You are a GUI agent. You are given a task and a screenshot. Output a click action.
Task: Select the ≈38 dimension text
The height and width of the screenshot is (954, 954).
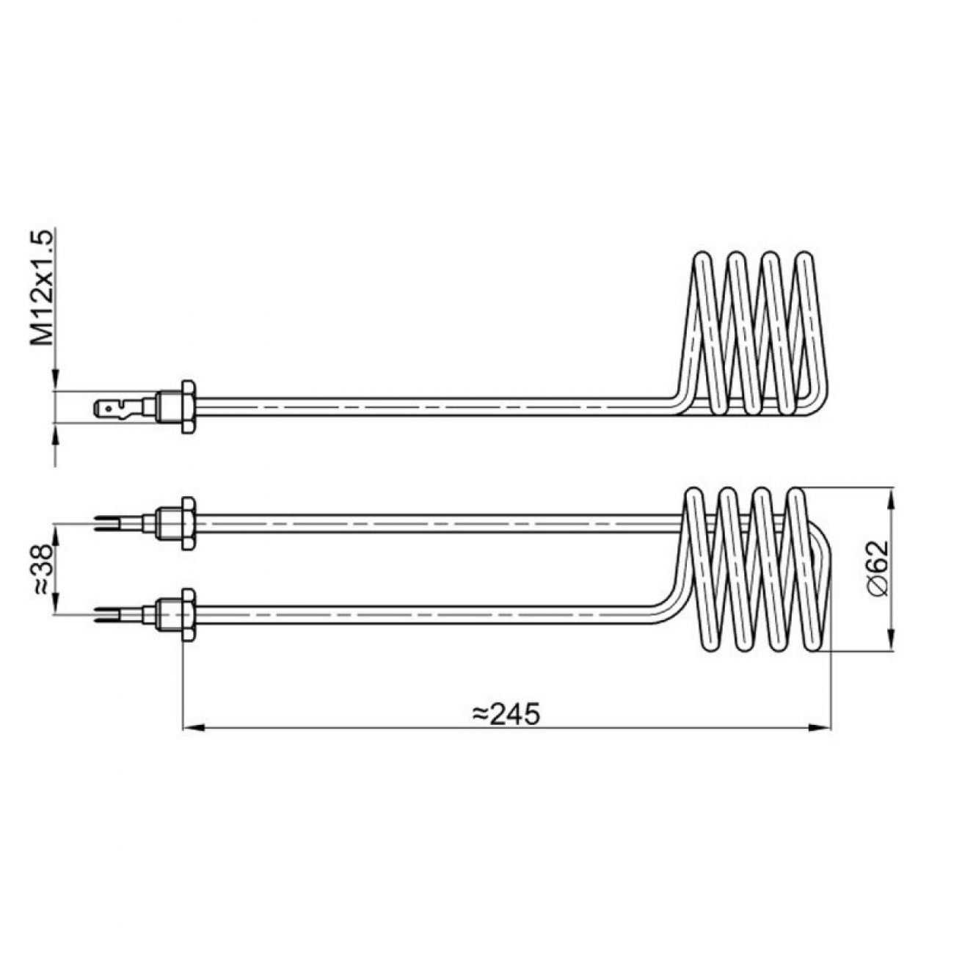click(43, 569)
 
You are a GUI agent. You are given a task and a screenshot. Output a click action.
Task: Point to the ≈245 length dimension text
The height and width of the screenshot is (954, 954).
click(506, 714)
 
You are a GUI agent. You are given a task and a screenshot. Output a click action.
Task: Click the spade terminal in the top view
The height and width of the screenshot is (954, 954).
click(118, 409)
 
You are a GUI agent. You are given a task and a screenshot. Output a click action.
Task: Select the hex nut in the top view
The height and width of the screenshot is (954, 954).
click(188, 407)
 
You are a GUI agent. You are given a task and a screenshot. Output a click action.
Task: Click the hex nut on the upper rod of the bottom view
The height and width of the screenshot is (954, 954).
click(188, 523)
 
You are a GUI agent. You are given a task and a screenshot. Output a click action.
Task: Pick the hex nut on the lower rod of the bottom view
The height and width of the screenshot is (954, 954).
click(188, 615)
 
